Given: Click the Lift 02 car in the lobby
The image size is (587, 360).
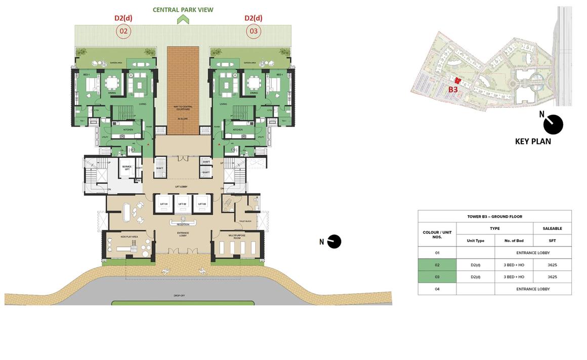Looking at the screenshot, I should click(182, 204).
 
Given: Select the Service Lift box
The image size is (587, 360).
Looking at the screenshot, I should click(126, 168).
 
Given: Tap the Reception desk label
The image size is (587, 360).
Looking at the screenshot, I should click(183, 224).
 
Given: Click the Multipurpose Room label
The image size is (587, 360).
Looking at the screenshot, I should click(237, 236).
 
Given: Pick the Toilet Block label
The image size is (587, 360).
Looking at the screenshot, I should click(245, 221).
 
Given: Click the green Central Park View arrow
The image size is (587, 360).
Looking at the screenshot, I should click(183, 19).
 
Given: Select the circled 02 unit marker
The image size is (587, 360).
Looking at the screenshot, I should click(123, 31).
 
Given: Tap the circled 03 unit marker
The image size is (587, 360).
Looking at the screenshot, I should click(254, 31).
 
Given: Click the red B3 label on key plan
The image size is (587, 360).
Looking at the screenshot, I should click(453, 90).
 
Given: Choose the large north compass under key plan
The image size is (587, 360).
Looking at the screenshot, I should click(553, 125).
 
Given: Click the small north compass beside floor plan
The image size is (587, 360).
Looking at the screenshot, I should click(334, 242).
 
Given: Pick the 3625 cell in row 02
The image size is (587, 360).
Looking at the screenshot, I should click(552, 265).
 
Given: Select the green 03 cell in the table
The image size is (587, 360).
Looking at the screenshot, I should click(437, 277).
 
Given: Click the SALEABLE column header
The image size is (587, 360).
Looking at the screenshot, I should click(552, 228).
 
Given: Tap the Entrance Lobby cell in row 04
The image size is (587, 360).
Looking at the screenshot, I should click(533, 289).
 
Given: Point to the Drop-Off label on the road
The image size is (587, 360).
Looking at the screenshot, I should click(179, 295).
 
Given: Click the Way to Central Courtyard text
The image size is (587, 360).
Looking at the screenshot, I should click(183, 108).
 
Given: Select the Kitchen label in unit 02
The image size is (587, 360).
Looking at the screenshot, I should click(129, 130).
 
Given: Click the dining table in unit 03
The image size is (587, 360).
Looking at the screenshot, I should click(254, 83).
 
